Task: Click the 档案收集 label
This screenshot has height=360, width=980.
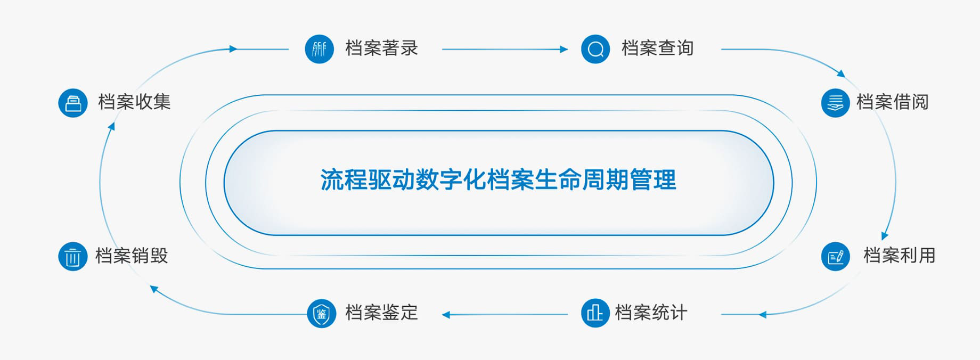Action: click(134, 102)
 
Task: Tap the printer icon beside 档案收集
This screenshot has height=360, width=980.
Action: click(73, 103)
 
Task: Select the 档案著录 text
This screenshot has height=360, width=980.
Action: click(381, 48)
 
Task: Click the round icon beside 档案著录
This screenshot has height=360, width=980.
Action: click(320, 49)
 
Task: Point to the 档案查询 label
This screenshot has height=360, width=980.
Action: click(657, 48)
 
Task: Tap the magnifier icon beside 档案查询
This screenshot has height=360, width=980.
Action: click(595, 49)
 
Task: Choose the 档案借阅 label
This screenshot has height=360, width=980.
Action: click(892, 102)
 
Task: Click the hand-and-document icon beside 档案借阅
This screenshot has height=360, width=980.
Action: click(836, 103)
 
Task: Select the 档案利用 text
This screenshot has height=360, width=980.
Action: click(899, 256)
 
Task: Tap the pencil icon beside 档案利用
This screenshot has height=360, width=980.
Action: click(836, 257)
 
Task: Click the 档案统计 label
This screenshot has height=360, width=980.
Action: click(651, 313)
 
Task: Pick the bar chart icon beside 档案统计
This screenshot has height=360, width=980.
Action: click(595, 313)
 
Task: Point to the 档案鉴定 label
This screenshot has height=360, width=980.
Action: click(381, 313)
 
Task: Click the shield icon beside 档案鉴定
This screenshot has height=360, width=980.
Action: click(322, 313)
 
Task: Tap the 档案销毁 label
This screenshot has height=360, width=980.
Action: click(132, 256)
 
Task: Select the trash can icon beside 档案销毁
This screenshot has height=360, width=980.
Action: click(73, 257)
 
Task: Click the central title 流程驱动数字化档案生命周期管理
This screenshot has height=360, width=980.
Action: click(499, 180)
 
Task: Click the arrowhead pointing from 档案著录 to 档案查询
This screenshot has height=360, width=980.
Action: click(564, 50)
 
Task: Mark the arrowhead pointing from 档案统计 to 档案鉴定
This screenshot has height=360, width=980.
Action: click(446, 315)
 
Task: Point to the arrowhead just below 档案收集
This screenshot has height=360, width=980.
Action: click(111, 126)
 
